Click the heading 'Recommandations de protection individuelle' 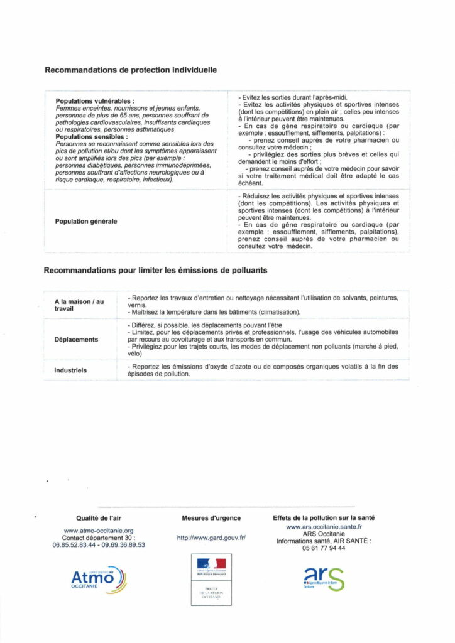131,70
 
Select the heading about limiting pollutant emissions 155,271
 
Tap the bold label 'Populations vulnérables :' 95,101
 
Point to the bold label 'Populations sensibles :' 91,136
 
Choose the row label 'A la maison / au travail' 79,305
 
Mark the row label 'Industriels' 70,370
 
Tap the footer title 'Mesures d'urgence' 211,518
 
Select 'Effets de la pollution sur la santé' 324,518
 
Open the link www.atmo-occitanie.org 99,531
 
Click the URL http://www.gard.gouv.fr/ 211,538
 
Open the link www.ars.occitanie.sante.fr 324,527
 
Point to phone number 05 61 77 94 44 324,548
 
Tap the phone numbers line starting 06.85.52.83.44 99,545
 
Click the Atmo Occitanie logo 99,579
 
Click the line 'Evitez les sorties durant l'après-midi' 289,98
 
